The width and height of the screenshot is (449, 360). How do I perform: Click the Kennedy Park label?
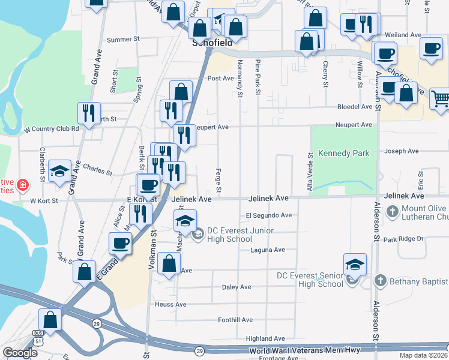coord(343,153)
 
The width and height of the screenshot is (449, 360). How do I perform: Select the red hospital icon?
coord(23,185)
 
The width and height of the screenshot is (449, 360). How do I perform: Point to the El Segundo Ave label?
coord(268,215)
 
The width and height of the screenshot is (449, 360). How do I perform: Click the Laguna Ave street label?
coord(268,250)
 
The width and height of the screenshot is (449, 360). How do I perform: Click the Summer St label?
coord(123,40)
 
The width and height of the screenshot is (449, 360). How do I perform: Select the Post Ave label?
coord(220,79)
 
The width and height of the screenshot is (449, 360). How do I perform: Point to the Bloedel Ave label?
coord(354,107)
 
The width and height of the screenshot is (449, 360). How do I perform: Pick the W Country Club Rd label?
coord(51,129)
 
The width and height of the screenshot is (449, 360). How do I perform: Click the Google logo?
coord(20,353)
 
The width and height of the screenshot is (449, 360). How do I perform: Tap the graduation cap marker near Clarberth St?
coord(60,172)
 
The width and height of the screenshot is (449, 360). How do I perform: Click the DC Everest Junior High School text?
coord(240,235)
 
